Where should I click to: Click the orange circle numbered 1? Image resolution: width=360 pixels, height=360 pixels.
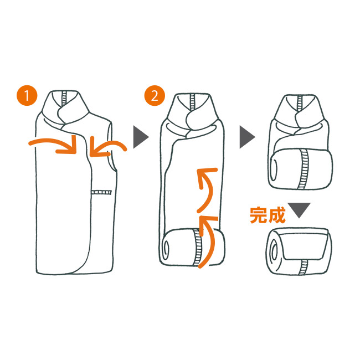pos(27,95)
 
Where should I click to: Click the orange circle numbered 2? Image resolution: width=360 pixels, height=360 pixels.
pos(155,95)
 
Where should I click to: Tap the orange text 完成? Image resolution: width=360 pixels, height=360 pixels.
pos(268,215)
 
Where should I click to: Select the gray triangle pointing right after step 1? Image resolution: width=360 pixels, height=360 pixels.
pos(141,137)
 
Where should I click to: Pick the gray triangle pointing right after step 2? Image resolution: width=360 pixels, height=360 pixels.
pos(247,137)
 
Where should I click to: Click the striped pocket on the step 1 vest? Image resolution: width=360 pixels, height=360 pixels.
pos(101,192)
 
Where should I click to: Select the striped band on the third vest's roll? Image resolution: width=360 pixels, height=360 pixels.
pos(304,169)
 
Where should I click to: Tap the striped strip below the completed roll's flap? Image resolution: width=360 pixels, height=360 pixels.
pos(303,267)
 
